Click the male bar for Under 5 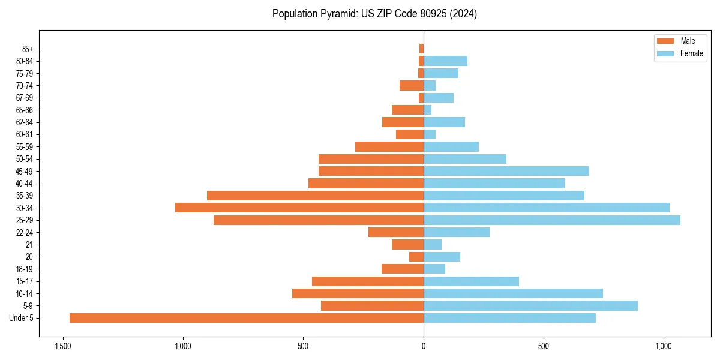(x=246, y=318)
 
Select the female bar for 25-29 (x=552, y=220)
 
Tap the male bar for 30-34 (x=299, y=208)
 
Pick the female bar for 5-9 (x=530, y=306)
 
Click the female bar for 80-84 (x=445, y=61)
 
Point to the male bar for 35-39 (x=315, y=196)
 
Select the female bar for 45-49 (x=506, y=171)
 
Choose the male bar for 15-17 (x=367, y=281)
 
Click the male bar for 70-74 (x=412, y=85)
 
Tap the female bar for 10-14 (x=513, y=293)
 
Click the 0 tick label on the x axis (x=424, y=346)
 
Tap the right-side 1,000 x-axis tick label (x=664, y=346)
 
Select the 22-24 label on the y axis (x=25, y=232)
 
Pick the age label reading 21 (x=29, y=245)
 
